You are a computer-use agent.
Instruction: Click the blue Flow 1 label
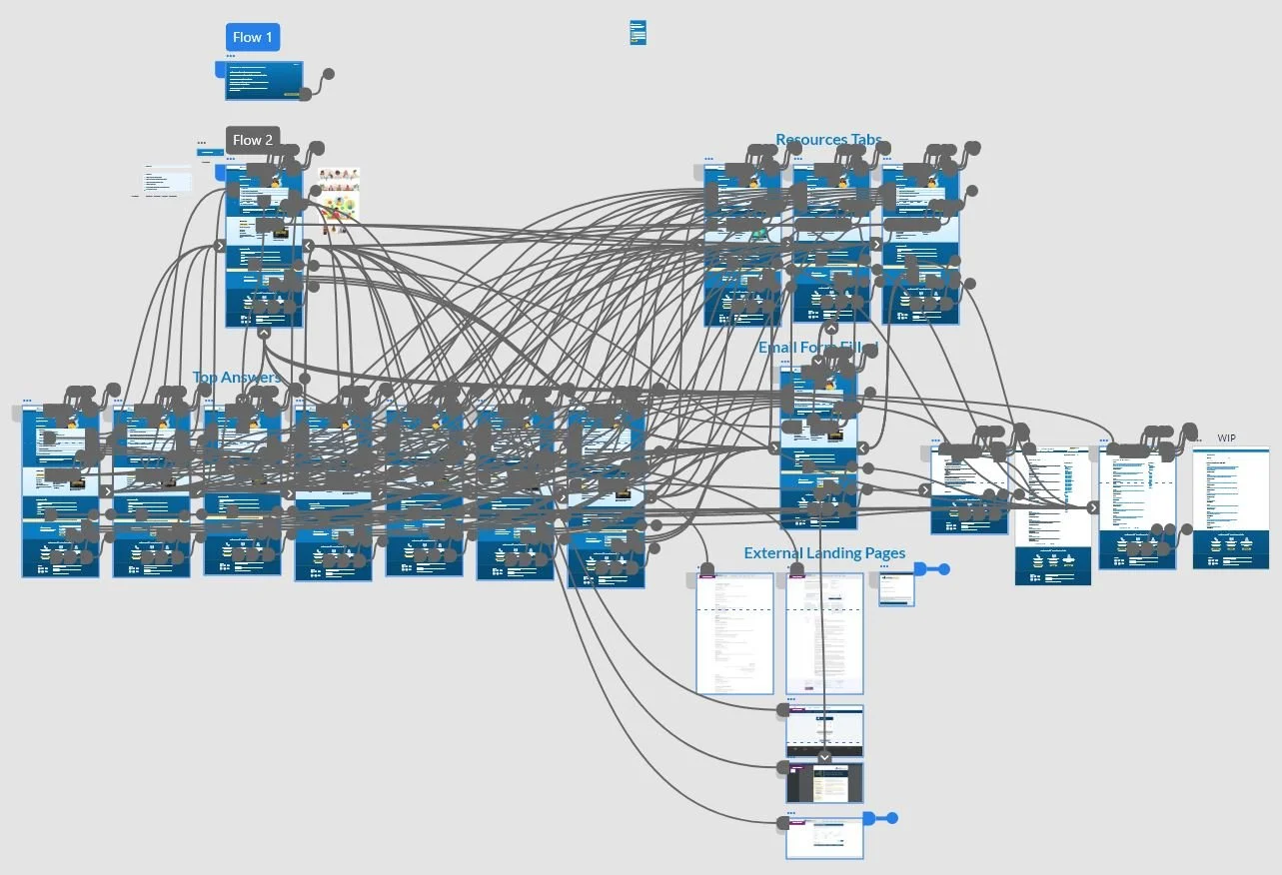(252, 38)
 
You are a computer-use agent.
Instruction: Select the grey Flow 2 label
(252, 140)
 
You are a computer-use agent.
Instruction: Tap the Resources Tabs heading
(828, 140)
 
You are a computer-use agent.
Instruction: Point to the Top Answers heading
(237, 378)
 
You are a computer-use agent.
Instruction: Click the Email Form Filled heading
(817, 348)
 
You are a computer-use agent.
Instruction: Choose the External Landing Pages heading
(824, 553)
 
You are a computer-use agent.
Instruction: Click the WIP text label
(1226, 438)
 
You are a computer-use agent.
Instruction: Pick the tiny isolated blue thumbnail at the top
(638, 32)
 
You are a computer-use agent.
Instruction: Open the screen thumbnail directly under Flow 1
(264, 80)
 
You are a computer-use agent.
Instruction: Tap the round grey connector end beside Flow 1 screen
(327, 74)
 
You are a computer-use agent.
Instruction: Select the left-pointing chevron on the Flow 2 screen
(309, 246)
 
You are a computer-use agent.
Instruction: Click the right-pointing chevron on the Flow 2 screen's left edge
(220, 246)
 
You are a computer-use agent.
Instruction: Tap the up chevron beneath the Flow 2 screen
(264, 334)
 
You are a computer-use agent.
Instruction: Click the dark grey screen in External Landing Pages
(824, 782)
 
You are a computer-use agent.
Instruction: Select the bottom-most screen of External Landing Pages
(824, 839)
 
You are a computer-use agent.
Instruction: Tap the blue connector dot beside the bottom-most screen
(891, 818)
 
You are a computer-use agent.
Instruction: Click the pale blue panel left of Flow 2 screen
(167, 180)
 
